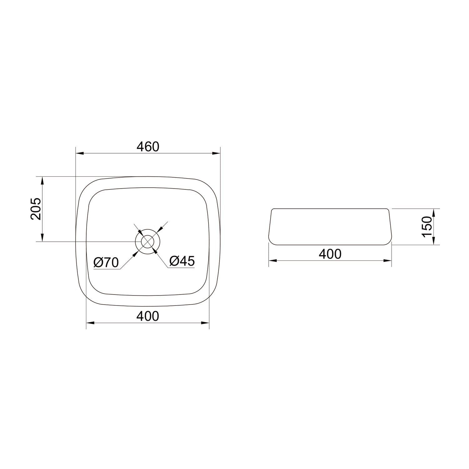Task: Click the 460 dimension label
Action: (148, 147)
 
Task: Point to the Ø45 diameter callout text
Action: (182, 261)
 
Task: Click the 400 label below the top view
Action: (148, 316)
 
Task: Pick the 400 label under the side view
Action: (330, 254)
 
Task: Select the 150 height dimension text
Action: (427, 227)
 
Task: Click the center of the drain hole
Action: (148, 242)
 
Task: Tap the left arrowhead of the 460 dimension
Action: (80, 153)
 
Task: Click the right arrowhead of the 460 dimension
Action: (216, 153)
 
